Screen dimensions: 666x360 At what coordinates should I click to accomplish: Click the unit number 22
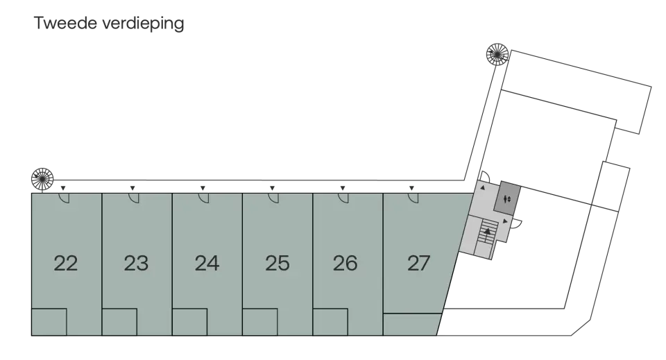click(x=66, y=263)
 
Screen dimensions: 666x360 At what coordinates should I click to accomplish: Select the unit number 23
click(x=137, y=263)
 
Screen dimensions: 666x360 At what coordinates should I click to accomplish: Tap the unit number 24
click(x=207, y=263)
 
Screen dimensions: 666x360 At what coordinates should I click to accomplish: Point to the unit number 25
click(x=277, y=263)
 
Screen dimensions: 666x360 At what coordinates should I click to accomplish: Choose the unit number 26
click(x=345, y=263)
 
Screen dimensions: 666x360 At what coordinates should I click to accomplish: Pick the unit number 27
click(x=419, y=263)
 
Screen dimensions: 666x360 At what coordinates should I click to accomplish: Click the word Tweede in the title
click(x=65, y=23)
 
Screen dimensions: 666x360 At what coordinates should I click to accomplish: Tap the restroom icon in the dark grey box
click(x=506, y=199)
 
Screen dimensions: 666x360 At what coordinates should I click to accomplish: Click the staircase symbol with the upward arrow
click(x=487, y=234)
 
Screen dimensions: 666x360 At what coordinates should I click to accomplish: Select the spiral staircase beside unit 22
click(x=42, y=179)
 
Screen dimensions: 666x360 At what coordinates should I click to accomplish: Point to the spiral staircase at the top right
click(x=497, y=54)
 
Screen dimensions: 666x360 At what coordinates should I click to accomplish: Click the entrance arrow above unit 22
click(x=63, y=188)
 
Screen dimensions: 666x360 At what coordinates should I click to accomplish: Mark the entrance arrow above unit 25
click(x=272, y=188)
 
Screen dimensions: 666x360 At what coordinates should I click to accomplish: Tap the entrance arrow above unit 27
click(x=411, y=188)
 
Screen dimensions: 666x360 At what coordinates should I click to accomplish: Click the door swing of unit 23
click(x=134, y=198)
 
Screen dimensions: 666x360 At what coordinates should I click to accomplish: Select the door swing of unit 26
click(x=345, y=198)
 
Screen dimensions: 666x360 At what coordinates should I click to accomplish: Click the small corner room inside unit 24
click(x=190, y=323)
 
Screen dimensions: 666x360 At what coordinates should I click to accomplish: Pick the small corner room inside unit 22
click(x=49, y=323)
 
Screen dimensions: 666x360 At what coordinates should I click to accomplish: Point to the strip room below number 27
click(x=411, y=325)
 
